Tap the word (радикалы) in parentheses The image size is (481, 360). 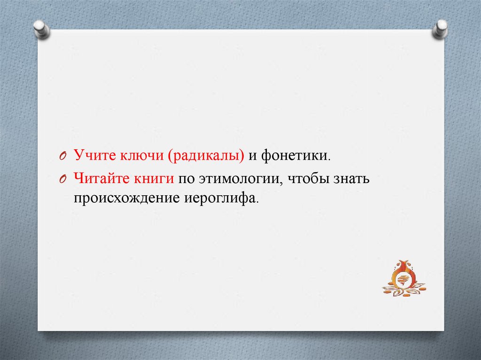point(206,156)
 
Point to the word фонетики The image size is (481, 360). point(294,156)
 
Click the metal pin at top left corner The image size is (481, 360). point(41,29)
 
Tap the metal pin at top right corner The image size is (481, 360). point(440,29)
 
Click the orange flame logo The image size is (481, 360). point(403,278)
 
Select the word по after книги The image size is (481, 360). point(186,179)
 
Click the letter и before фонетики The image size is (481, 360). point(253,156)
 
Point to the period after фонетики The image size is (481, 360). point(329,160)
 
